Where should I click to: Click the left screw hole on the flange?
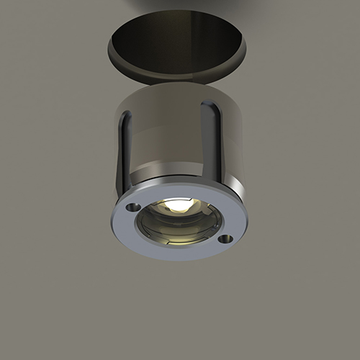click(x=133, y=207)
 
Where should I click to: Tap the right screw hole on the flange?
click(x=225, y=238)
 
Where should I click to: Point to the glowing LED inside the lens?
click(x=179, y=206)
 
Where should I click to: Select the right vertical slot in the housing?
click(x=211, y=144)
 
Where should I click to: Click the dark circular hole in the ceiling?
click(x=176, y=40)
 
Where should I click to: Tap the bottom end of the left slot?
click(x=127, y=189)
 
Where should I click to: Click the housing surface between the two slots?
click(x=169, y=144)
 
